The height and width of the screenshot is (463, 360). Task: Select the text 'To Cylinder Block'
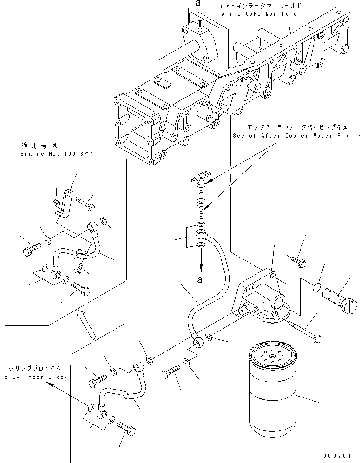34,377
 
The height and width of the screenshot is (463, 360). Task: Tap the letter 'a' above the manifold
199,4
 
